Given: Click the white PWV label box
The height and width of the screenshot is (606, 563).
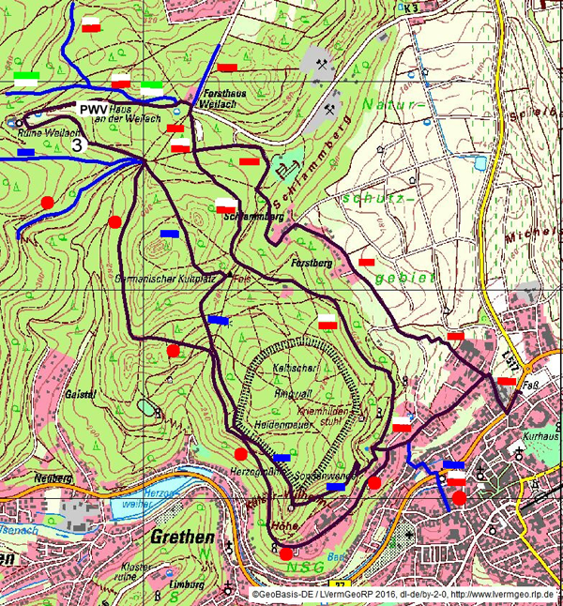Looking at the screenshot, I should (94, 110).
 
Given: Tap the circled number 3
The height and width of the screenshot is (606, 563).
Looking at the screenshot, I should (78, 144).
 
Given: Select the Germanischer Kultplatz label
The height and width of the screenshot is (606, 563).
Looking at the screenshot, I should (184, 280).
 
